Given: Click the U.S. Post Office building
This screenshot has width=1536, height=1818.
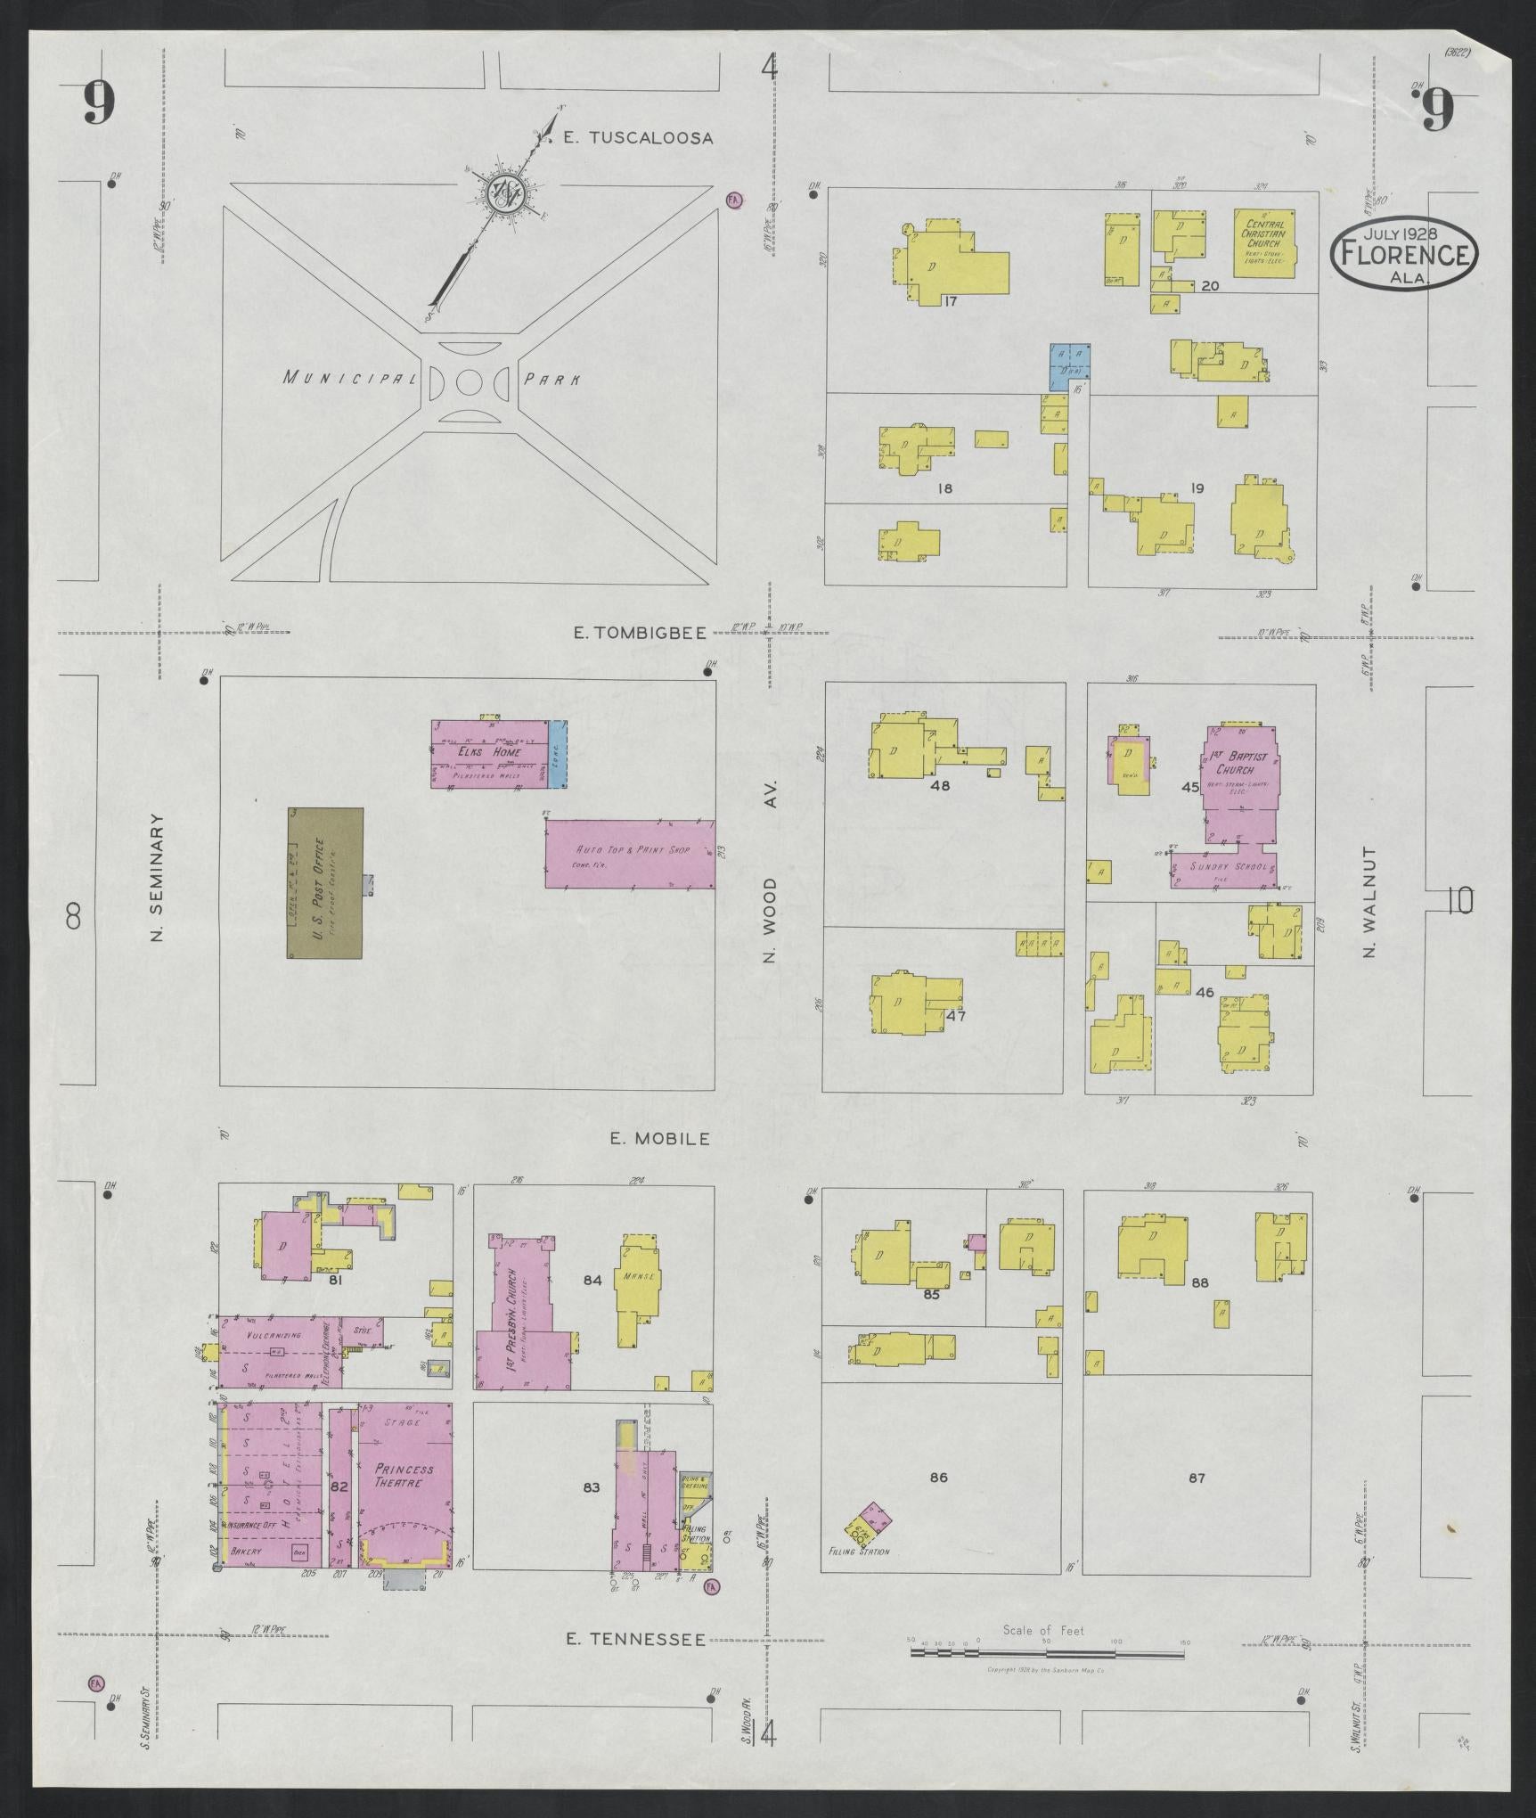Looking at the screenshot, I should [324, 882].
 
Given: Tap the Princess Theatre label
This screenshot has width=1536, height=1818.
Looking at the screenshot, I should [404, 1475].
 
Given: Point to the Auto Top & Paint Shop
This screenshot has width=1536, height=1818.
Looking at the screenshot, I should [630, 854].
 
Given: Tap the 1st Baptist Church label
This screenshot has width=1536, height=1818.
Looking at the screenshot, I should [1238, 763].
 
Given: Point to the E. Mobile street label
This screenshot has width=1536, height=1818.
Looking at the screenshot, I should [659, 1138].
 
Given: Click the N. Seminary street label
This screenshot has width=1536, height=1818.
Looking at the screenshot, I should [159, 878].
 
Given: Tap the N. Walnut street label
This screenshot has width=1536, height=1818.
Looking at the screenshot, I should [1369, 902].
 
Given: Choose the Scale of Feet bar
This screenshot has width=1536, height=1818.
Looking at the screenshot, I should [1048, 1651].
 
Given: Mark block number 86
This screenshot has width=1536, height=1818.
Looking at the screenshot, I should [938, 1478].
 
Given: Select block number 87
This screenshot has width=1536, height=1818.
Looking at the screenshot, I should [1196, 1478].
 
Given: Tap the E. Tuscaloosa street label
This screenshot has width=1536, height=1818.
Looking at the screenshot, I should [639, 138].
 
